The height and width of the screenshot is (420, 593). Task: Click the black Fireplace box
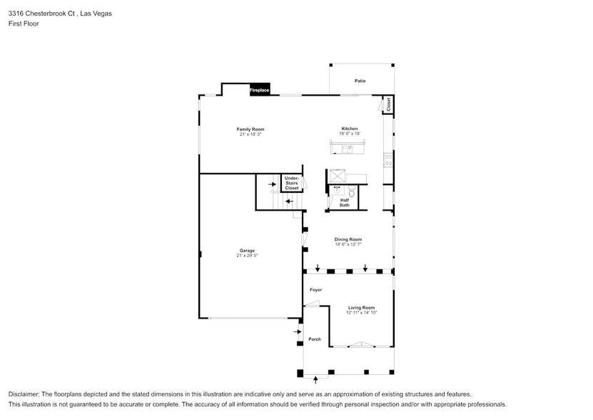[x=259, y=91]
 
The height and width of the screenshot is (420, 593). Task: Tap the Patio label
[x=360, y=81]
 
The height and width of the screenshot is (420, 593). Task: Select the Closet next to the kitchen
[x=388, y=104]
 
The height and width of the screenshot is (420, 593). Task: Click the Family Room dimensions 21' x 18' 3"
[x=245, y=134]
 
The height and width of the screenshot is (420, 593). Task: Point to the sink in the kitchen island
[x=347, y=149]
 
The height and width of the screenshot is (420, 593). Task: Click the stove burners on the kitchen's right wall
[x=389, y=160]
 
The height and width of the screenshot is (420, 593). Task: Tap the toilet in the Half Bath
[x=350, y=191]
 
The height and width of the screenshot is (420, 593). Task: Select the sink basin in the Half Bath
[x=336, y=191]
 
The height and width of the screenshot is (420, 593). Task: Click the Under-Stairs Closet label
[x=292, y=184]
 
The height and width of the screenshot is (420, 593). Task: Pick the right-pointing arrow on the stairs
[x=273, y=184]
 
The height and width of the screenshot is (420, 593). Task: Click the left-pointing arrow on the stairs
[x=288, y=201]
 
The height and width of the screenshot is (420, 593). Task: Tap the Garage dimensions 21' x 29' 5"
[x=248, y=255]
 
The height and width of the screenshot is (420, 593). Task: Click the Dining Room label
[x=348, y=239]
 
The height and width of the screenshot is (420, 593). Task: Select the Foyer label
[x=315, y=290]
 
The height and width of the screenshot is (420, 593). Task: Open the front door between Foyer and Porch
[x=311, y=306]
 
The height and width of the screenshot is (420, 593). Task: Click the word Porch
[x=315, y=339]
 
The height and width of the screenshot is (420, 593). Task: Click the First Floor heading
[x=24, y=24]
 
